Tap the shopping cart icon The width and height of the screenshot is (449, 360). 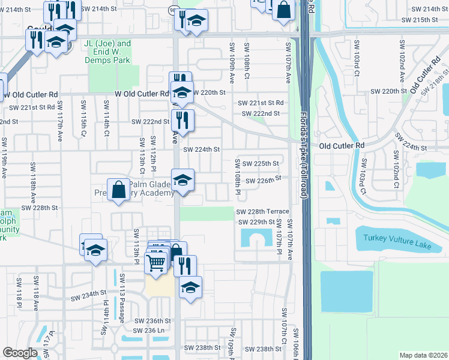(x=156, y=262)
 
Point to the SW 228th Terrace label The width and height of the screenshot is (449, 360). (x=263, y=212)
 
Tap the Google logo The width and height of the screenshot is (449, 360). (x=20, y=352)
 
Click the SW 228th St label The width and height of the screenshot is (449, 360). (x=39, y=208)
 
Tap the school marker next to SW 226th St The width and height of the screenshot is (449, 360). (x=182, y=179)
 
